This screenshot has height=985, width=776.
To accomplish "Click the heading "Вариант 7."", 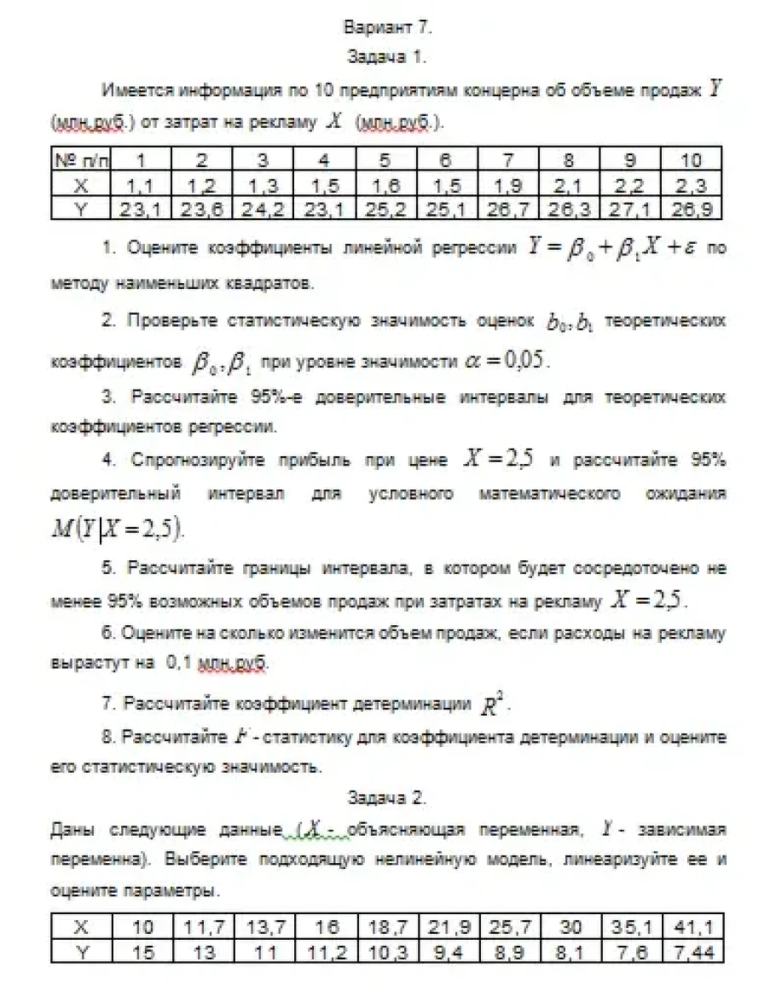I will click(387, 27).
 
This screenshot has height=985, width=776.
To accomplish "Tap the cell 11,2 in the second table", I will click(325, 952).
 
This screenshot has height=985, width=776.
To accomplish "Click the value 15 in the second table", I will click(145, 952).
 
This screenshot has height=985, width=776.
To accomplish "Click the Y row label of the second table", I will click(82, 952).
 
